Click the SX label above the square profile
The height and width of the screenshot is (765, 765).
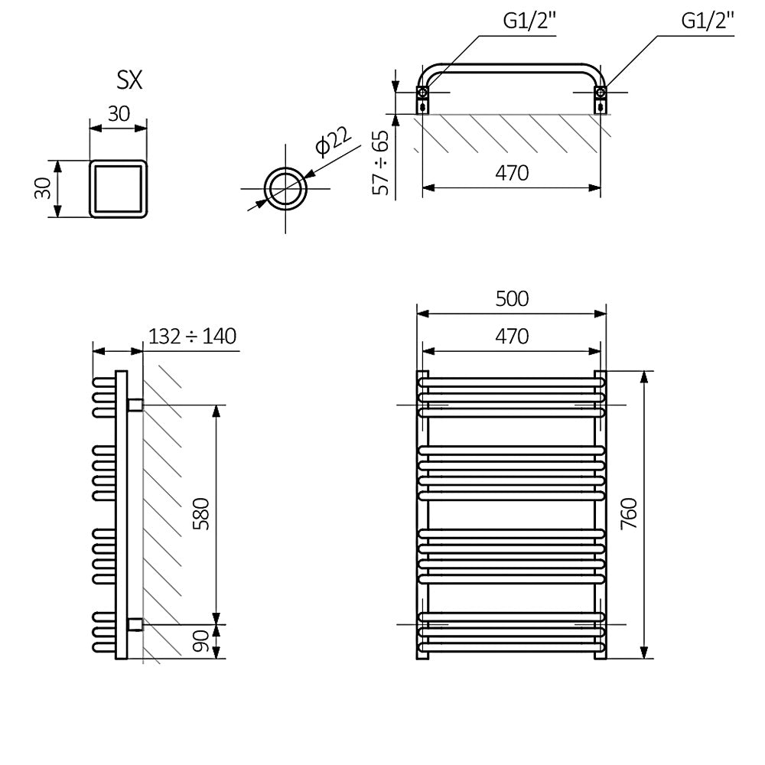(129, 80)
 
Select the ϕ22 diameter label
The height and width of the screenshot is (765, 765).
(334, 141)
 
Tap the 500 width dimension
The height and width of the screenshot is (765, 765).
(512, 298)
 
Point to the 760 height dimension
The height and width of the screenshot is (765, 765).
(629, 513)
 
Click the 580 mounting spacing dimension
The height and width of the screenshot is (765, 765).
(201, 514)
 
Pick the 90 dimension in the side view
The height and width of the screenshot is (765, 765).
(201, 640)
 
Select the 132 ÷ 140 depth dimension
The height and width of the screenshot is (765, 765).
(192, 336)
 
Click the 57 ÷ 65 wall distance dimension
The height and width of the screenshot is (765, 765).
(380, 162)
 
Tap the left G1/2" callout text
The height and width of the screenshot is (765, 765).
(530, 21)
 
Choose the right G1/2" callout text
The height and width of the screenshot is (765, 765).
(708, 21)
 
